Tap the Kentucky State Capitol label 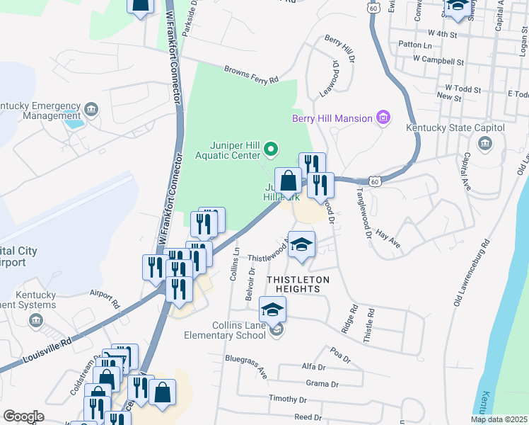click(455, 128)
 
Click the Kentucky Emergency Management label click(41, 110)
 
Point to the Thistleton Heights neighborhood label click(298, 280)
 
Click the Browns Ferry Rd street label click(252, 75)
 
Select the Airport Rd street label click(106, 297)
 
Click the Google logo click(23, 416)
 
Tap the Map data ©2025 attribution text click(499, 419)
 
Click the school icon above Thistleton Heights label click(302, 244)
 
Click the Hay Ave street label click(388, 239)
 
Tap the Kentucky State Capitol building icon click(486, 144)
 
